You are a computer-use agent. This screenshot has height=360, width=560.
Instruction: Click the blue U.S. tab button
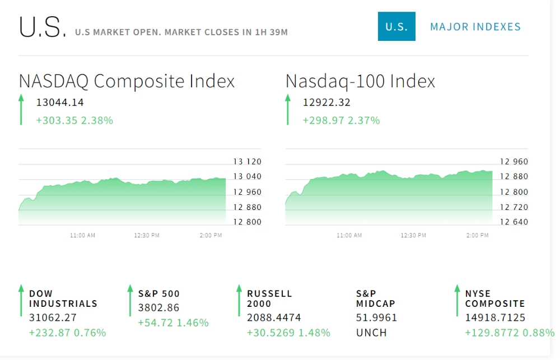(396, 26)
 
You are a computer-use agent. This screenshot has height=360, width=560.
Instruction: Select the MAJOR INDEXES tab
(475, 27)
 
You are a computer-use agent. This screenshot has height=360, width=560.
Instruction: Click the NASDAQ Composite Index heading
(127, 81)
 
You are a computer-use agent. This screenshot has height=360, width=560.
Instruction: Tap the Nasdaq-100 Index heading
(360, 81)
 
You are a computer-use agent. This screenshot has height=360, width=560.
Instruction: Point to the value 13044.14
(60, 102)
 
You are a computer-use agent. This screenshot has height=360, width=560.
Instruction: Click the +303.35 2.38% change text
(74, 120)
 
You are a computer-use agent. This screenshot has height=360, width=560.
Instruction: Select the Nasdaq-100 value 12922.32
(326, 102)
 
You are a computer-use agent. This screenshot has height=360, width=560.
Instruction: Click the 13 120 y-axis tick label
(248, 162)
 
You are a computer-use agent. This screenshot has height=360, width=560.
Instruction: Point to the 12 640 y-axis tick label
(514, 222)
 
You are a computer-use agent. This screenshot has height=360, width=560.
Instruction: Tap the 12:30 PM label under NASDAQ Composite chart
(147, 236)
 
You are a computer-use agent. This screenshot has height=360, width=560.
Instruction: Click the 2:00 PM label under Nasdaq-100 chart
(477, 236)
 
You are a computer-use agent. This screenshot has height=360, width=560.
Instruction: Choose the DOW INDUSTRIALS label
(63, 298)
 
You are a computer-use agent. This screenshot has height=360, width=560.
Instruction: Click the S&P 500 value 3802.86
(158, 307)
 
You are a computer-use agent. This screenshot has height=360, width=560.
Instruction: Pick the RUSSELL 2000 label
(269, 298)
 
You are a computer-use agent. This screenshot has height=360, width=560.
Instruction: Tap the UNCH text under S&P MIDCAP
(371, 333)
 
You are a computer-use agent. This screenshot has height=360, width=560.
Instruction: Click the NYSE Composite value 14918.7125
(494, 317)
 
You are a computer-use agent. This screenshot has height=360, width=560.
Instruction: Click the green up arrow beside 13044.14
(21, 109)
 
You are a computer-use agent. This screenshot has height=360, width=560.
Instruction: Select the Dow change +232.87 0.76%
(67, 333)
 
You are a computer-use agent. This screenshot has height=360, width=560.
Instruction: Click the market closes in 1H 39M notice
(181, 32)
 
